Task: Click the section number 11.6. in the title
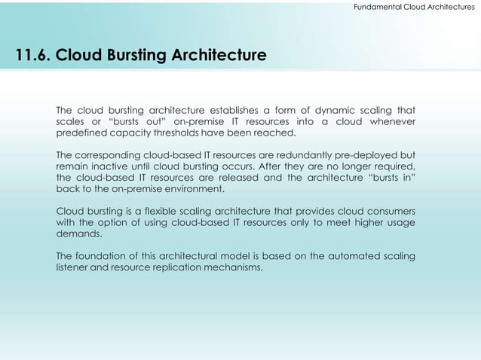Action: (27, 56)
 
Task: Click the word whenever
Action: (391, 122)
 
